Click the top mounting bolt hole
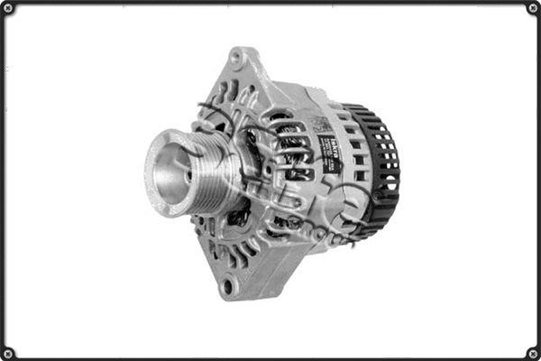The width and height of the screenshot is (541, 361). tap(237, 60)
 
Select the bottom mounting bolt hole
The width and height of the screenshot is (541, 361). tap(227, 287)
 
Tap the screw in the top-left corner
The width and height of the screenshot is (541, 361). tap(8, 9)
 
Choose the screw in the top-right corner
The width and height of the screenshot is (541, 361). tap(532, 9)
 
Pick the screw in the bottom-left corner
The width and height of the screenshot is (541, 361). tap(8, 352)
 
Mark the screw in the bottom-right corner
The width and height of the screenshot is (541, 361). tap(532, 352)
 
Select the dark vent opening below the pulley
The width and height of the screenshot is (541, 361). tap(238, 217)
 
